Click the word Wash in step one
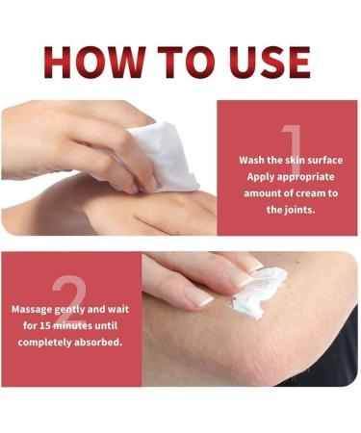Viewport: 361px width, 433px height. pos(253,159)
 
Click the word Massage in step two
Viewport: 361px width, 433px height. pos(35,311)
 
